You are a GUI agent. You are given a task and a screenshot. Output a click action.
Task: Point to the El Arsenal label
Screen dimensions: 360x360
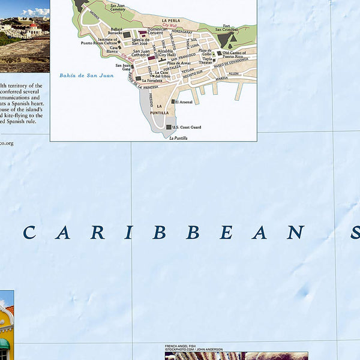[183, 102]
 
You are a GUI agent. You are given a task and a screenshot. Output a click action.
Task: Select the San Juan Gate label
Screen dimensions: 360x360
[122, 67]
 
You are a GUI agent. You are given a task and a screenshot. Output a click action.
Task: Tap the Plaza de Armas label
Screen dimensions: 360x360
[179, 62]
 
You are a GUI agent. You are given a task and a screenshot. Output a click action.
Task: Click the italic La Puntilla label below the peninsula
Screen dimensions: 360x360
[179, 138]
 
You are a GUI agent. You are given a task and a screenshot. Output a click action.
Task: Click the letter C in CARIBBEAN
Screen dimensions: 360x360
[28, 232]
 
